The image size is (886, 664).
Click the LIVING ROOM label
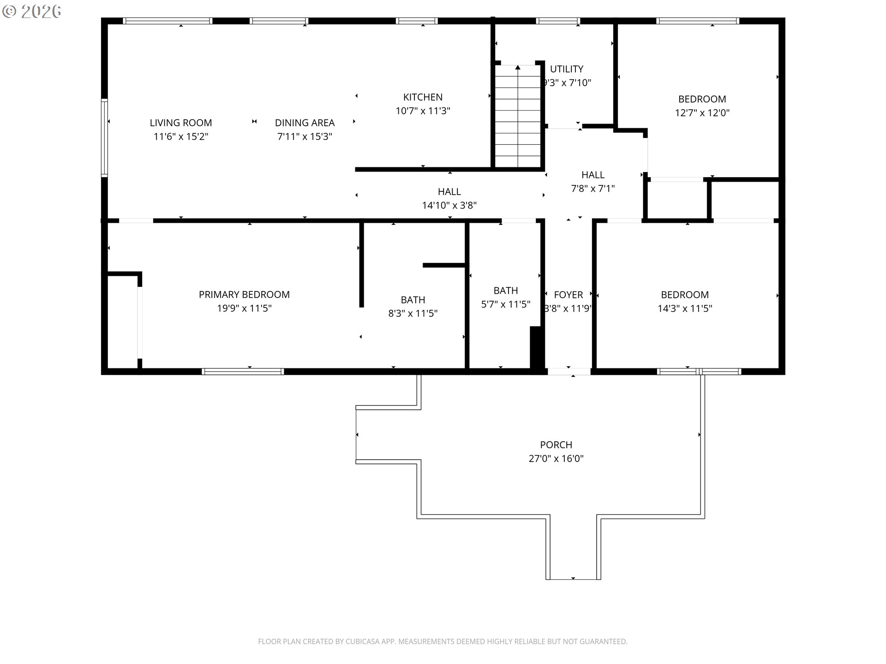point(181,123)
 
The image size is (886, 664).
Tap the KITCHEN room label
point(423,97)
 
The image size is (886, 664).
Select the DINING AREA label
point(305,123)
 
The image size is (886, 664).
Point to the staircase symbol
point(518,116)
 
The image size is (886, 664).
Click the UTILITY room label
point(567,69)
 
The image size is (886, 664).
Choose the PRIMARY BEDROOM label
point(244,294)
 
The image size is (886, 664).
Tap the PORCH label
point(556,445)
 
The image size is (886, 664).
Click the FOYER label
point(569,295)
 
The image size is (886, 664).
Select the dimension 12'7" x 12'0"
point(702,113)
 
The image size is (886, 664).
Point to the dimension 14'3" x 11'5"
point(685,308)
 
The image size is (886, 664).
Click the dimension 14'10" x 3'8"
point(449,205)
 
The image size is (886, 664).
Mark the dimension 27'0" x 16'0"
point(556,458)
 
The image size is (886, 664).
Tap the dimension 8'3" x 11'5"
point(413,314)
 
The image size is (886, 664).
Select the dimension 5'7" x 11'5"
point(506,304)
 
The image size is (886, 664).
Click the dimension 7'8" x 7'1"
point(593,189)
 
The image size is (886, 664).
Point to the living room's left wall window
point(105,138)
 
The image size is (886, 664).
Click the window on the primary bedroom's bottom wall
point(243,372)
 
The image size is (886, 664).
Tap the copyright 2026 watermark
point(31,12)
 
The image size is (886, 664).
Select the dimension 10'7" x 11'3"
point(423,111)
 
